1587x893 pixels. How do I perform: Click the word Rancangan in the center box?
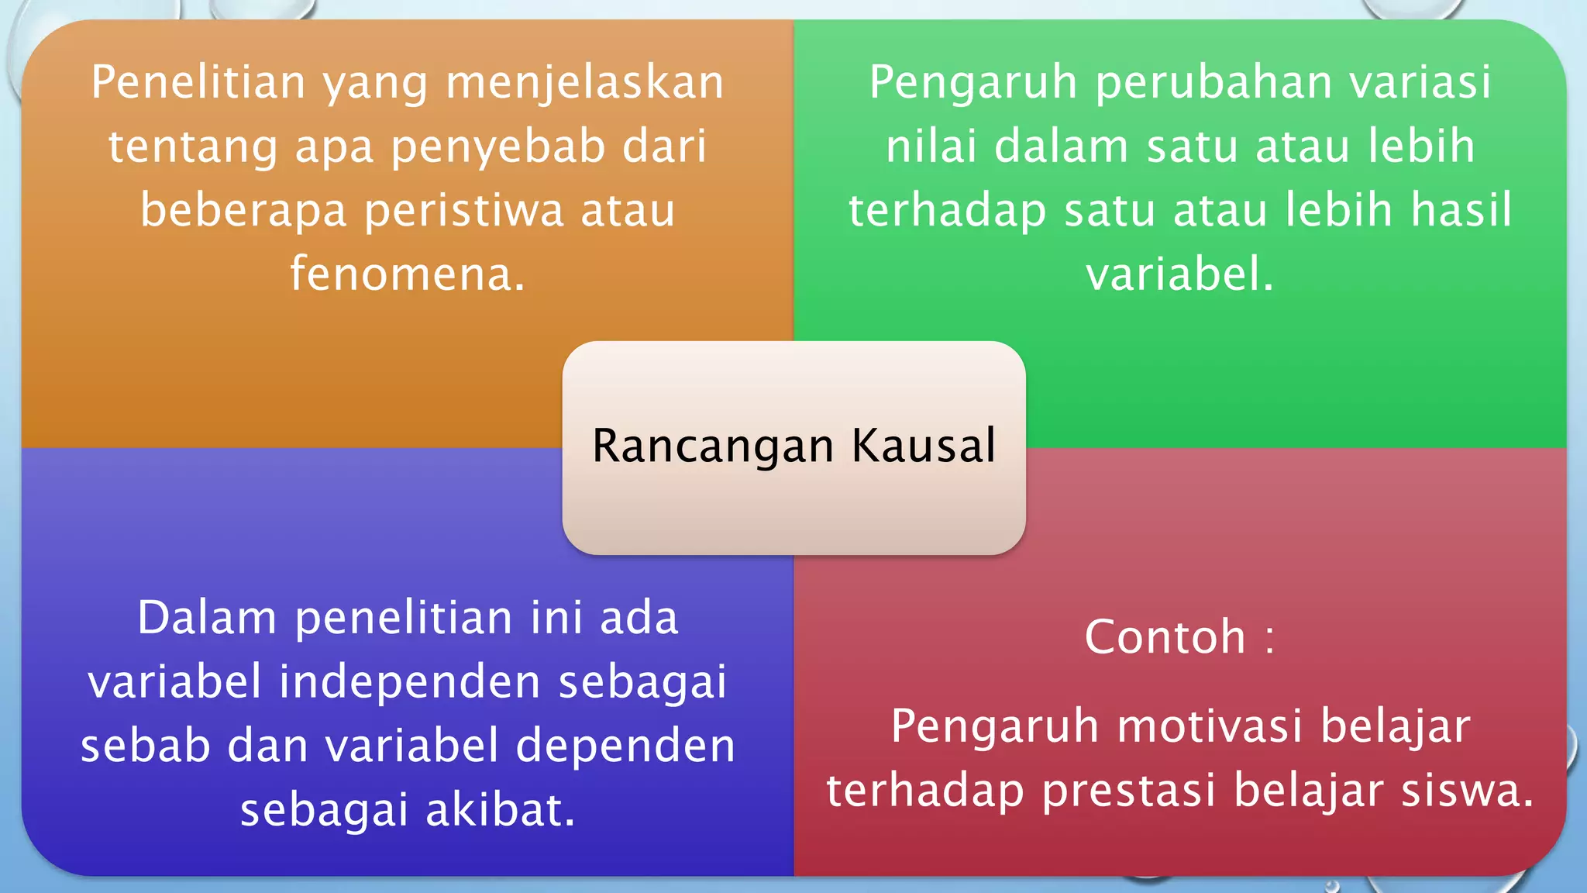[x=713, y=446]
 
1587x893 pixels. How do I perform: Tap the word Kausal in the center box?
[x=924, y=446]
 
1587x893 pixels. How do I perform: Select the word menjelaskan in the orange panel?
[x=585, y=84]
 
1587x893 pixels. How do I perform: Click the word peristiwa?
[x=464, y=211]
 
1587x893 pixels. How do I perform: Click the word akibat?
[x=501, y=811]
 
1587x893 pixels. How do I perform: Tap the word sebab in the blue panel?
[x=146, y=746]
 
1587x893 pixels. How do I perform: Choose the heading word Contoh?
[x=1165, y=637]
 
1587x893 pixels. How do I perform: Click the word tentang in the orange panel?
[x=193, y=148]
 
